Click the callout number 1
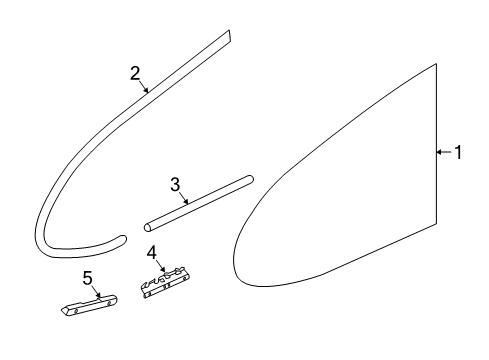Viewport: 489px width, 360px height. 458,152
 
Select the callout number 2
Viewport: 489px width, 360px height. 135,73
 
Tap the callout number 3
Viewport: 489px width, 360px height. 175,184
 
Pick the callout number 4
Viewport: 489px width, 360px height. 152,252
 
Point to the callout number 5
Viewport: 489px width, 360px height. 87,278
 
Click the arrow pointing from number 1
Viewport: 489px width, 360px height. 444,152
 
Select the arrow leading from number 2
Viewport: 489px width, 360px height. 143,86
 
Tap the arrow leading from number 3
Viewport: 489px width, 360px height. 184,198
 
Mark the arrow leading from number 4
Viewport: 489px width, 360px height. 160,266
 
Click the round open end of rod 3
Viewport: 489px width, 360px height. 148,227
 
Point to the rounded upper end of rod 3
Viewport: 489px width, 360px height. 250,179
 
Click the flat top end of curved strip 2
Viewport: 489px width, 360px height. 229,36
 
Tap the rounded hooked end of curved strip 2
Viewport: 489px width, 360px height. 123,238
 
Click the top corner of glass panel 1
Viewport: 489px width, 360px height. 436,64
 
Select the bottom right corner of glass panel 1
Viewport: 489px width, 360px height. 436,224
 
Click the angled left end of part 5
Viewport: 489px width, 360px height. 64,310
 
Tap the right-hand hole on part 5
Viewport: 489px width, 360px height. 108,303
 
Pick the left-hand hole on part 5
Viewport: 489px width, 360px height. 76,311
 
